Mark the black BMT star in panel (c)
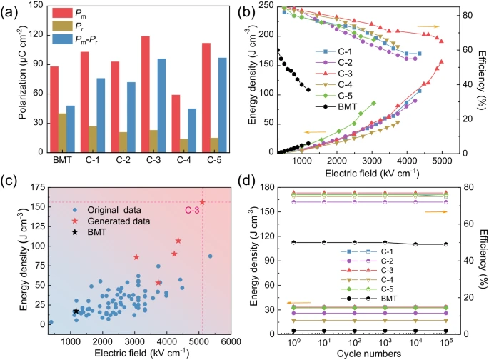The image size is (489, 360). [x=76, y=311]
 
